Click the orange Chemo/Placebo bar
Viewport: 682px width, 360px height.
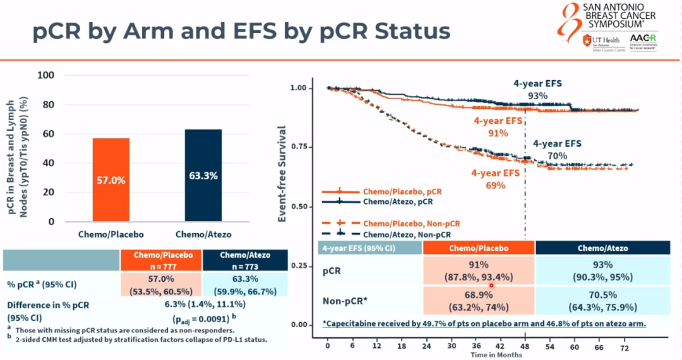coord(111,179)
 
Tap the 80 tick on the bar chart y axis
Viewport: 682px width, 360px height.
coord(47,105)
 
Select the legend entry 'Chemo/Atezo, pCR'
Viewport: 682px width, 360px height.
coord(398,202)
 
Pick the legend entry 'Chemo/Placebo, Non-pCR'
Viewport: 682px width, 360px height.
coord(411,224)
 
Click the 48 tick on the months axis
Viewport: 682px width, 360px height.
coord(525,347)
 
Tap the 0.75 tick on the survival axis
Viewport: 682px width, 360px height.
coord(303,147)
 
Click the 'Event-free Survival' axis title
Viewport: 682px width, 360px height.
coord(283,173)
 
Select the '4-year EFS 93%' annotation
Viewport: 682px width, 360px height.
coord(537,89)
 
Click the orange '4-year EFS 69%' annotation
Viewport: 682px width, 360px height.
coord(496,179)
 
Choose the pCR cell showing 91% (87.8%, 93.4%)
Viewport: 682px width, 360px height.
coord(479,270)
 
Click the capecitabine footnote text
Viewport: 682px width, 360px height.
coord(484,324)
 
